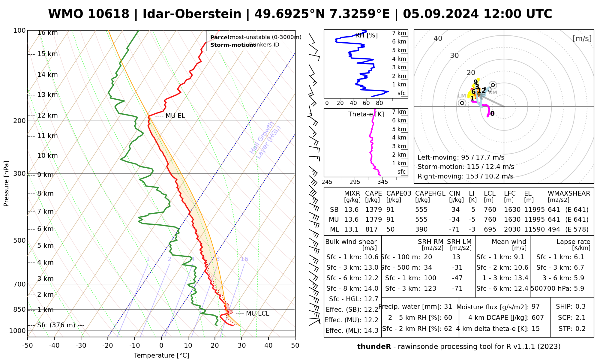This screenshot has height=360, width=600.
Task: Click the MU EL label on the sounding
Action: (175, 116)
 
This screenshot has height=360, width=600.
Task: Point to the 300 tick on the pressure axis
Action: (19, 174)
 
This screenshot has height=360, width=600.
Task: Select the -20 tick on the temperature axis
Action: (108, 346)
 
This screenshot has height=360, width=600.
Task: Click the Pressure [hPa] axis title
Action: (6, 184)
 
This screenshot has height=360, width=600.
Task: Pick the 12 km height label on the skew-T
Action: (47, 115)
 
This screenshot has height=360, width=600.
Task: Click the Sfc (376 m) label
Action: (56, 325)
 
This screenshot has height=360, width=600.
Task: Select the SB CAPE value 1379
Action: (373, 210)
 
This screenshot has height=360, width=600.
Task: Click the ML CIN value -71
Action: (454, 229)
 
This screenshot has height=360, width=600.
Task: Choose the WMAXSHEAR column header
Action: (569, 193)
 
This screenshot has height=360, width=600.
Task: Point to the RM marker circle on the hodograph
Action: (493, 85)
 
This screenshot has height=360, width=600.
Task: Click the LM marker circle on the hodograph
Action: (462, 103)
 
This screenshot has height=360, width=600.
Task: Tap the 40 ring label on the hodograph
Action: (438, 38)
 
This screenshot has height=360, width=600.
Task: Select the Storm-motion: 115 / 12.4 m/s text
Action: (466, 167)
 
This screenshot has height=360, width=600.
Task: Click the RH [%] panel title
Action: (366, 35)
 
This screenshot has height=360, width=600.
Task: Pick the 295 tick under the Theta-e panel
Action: (355, 182)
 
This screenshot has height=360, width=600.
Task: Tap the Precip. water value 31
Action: (448, 307)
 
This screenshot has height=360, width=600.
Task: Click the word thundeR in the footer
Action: (374, 347)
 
